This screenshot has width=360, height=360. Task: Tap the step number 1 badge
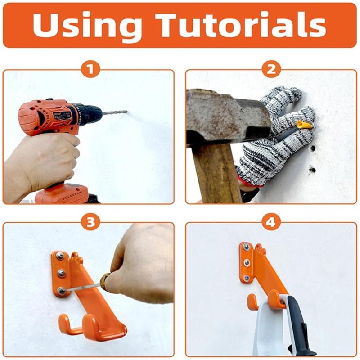pos(90,69)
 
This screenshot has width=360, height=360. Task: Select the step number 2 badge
pos(271,69)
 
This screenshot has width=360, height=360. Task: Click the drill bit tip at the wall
pos(126,111)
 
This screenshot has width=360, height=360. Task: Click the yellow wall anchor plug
pos(305,124)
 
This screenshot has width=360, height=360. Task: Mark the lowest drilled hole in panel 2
pos(311,170)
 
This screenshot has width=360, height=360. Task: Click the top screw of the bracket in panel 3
pos(60,256)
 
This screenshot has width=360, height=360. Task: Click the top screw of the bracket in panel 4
pos(246,247)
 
